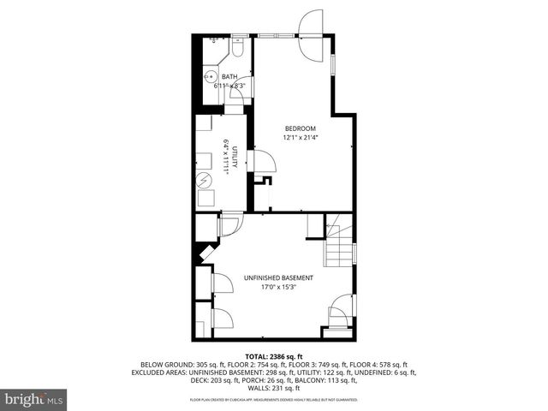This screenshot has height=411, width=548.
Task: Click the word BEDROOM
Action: [301, 128]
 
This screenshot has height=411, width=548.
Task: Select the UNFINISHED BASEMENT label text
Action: [278, 278]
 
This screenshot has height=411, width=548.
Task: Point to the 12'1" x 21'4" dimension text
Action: [301, 137]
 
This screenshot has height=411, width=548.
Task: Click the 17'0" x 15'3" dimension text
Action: [278, 288]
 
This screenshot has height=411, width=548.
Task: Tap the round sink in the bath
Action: [208, 76]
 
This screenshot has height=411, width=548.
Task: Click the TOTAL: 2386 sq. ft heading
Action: [274, 355]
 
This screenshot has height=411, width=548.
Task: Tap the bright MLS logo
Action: [35, 399]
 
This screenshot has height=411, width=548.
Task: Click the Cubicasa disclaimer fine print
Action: [274, 400]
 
